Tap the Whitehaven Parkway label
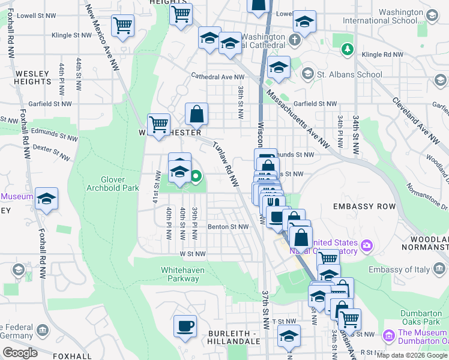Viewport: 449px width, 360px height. pyautogui.click(x=182, y=275)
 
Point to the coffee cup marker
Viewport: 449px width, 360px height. pyautogui.click(x=185, y=326)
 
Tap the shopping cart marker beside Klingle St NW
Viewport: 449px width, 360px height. pyautogui.click(x=123, y=26)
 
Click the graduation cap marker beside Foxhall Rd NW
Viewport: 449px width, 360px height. pyautogui.click(x=46, y=199)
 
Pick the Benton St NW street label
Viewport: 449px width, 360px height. pyautogui.click(x=228, y=227)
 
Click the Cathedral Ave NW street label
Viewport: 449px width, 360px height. pyautogui.click(x=217, y=77)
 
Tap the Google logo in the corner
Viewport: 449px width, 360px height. pyautogui.click(x=19, y=353)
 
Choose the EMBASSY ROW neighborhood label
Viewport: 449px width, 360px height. pyautogui.click(x=364, y=206)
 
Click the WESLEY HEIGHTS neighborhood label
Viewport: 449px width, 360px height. pyautogui.click(x=31, y=77)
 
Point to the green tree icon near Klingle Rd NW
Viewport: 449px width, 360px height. pyautogui.click(x=347, y=49)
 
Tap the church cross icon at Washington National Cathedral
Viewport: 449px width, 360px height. pyautogui.click(x=294, y=41)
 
